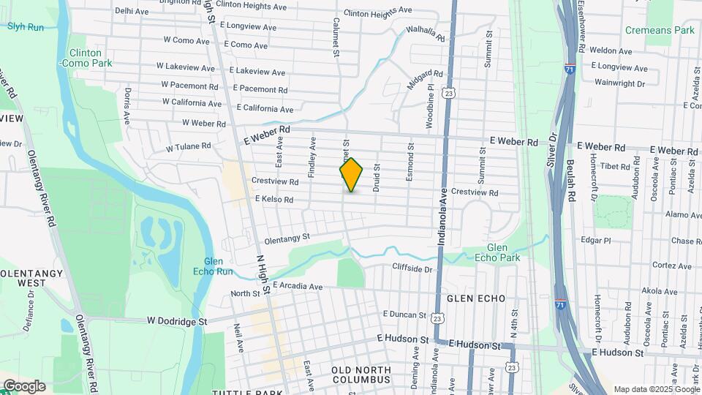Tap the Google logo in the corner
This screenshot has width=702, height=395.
[24, 386]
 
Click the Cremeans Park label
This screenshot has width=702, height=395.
[660, 31]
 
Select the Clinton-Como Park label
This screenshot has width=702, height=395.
[91, 59]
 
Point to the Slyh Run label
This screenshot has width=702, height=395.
[26, 26]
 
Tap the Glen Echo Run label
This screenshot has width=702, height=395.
[218, 266]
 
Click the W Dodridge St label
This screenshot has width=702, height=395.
[177, 320]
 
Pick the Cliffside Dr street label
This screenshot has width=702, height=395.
[412, 268]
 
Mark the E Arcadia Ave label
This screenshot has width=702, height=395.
[297, 287]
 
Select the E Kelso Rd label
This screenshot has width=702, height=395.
[274, 199]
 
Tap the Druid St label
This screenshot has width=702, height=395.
[377, 177]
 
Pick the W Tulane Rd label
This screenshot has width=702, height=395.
[189, 147]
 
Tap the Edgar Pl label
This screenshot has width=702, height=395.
[595, 241]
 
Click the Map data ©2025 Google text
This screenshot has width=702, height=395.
[656, 389]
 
